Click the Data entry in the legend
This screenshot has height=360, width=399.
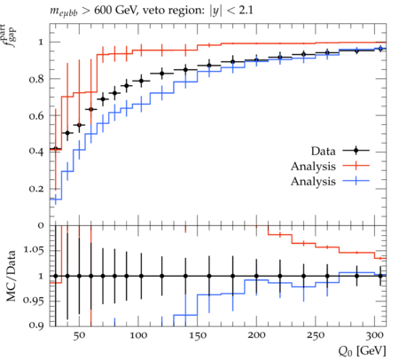point(323,151)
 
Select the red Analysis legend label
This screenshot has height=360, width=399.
point(313,166)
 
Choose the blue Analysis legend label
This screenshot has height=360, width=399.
point(313,181)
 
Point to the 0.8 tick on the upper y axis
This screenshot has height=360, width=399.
point(36,79)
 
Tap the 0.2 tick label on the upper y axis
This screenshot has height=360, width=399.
point(36,189)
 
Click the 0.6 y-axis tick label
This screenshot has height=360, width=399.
point(36,115)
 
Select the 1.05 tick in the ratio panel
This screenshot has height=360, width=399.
point(34,250)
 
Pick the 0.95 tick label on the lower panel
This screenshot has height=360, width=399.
point(34,301)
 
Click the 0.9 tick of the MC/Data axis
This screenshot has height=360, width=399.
point(36,325)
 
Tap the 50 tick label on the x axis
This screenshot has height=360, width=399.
point(79,335)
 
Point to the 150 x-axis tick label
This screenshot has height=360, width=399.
point(198,335)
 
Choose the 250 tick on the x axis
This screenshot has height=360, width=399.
point(316,335)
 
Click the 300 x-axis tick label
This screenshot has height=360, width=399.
point(375,335)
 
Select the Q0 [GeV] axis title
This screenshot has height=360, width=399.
point(363,351)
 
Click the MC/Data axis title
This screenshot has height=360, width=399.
point(11,276)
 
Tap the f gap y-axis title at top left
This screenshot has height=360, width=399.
point(10,36)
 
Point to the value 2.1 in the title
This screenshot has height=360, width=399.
point(246,11)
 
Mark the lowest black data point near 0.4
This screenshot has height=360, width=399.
point(56,149)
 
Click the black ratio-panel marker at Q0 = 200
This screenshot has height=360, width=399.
point(256,276)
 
